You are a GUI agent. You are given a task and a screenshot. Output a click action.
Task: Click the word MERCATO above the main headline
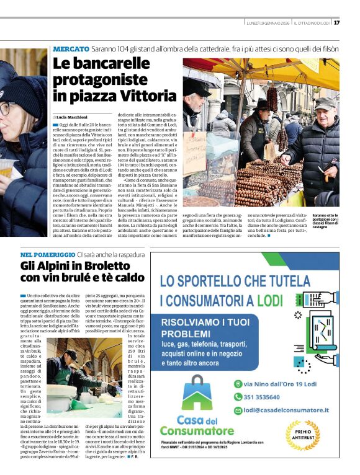pyautogui.click(x=71, y=48)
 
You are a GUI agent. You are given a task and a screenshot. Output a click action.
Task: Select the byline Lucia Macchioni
pyautogui.click(x=71, y=117)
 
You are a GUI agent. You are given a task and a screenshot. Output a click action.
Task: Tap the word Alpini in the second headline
pyautogui.click(x=55, y=268)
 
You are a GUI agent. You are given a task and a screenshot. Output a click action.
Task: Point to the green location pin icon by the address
pyautogui.click(x=237, y=383)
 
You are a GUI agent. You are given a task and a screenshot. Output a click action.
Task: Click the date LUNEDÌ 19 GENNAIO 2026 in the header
pyautogui.click(x=268, y=23)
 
